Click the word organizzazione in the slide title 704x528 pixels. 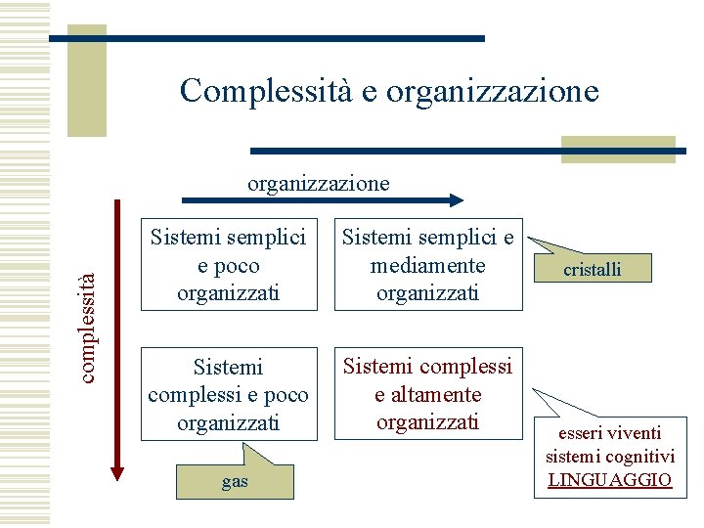(492, 92)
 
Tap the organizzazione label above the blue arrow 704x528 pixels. (318, 183)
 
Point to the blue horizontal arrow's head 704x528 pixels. (455, 199)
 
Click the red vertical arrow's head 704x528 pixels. (118, 472)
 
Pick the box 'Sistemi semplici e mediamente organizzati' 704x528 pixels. (426, 265)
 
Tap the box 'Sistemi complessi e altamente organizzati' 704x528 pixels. (426, 393)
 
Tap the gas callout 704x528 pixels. (235, 481)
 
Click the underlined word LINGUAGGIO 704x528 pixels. (609, 479)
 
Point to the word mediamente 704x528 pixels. (427, 265)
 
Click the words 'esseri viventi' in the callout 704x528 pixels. (609, 432)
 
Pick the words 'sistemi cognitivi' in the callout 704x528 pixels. (609, 456)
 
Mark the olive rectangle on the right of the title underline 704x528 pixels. (619, 149)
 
